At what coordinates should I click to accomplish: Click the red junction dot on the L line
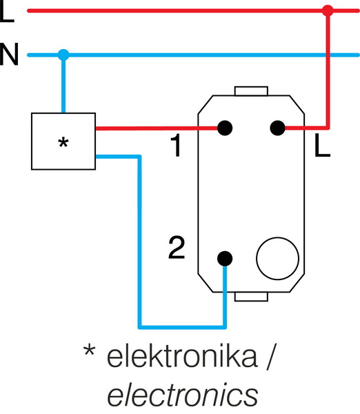click(x=328, y=11)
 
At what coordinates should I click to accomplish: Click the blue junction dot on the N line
click(x=63, y=55)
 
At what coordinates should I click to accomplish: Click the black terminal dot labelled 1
click(x=223, y=128)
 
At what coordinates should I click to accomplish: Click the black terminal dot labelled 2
click(x=223, y=259)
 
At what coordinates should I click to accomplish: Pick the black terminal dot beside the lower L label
click(x=277, y=128)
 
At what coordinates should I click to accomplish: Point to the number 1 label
click(x=177, y=146)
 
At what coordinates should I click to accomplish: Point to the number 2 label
click(x=177, y=247)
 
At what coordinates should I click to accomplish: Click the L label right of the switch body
click(x=320, y=146)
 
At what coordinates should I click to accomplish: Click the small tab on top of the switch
click(x=250, y=90)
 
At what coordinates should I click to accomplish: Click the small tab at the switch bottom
click(x=250, y=297)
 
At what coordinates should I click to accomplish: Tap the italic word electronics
click(x=182, y=394)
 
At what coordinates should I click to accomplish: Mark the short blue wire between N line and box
click(x=63, y=86)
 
